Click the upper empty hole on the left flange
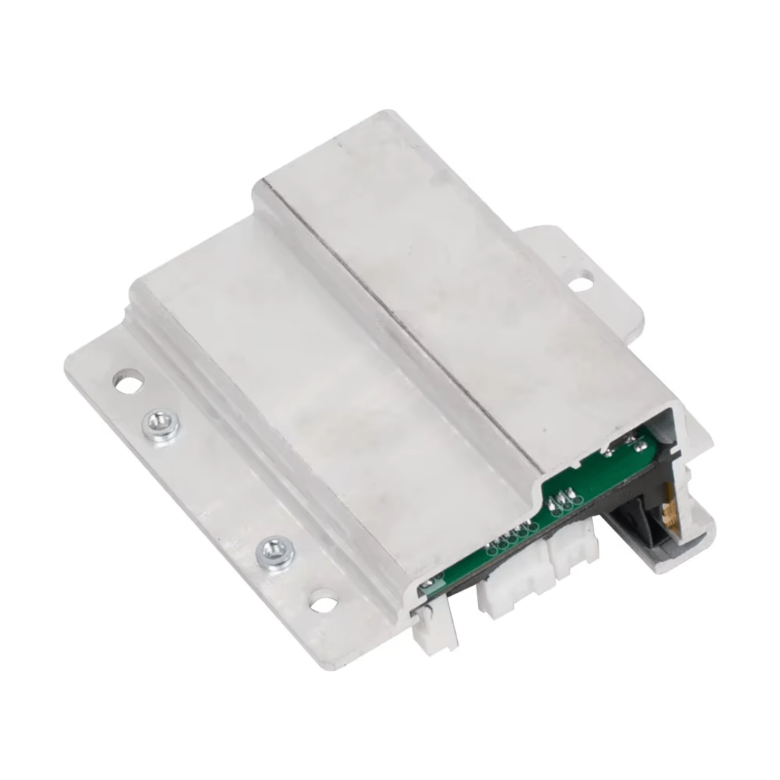(x=129, y=381)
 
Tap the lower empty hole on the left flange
(x=323, y=601)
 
